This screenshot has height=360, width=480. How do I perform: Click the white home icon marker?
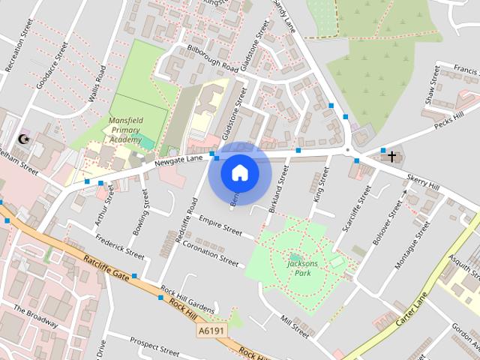pyautogui.click(x=240, y=173)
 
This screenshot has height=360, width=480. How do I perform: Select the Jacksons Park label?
pyautogui.click(x=303, y=268)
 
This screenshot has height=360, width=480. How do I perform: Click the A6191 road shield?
pyautogui.click(x=211, y=330)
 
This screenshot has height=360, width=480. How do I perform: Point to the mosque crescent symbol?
pyautogui.click(x=24, y=139)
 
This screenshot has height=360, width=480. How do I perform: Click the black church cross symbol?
pyautogui.click(x=391, y=155)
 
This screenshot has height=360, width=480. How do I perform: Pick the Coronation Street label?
pyautogui.click(x=210, y=253)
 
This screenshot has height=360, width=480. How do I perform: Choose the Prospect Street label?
pyautogui.click(x=154, y=347)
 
